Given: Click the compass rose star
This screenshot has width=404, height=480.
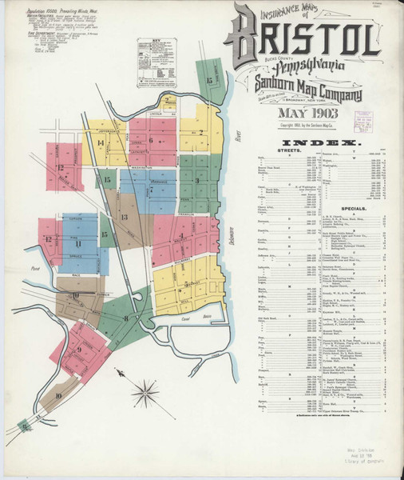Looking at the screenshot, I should click(145, 392).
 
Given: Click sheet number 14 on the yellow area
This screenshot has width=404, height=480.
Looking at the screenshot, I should click(101, 143).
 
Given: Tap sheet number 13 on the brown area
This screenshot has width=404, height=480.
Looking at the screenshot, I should click(124, 217).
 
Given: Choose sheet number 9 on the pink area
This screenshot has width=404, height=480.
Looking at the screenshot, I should click(80, 349).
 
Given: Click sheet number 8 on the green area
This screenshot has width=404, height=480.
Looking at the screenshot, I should click(126, 318).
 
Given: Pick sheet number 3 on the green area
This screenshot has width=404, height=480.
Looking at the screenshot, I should click(196, 181).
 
